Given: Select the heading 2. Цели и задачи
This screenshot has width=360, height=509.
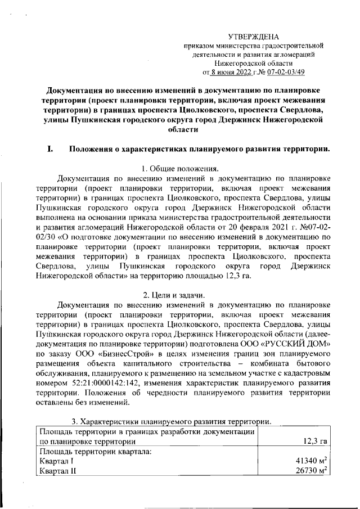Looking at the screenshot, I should coord(179,296).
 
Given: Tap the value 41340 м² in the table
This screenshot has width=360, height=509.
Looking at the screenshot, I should coord(312,462).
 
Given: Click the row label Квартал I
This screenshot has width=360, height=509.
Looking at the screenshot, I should coord(57,462).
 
